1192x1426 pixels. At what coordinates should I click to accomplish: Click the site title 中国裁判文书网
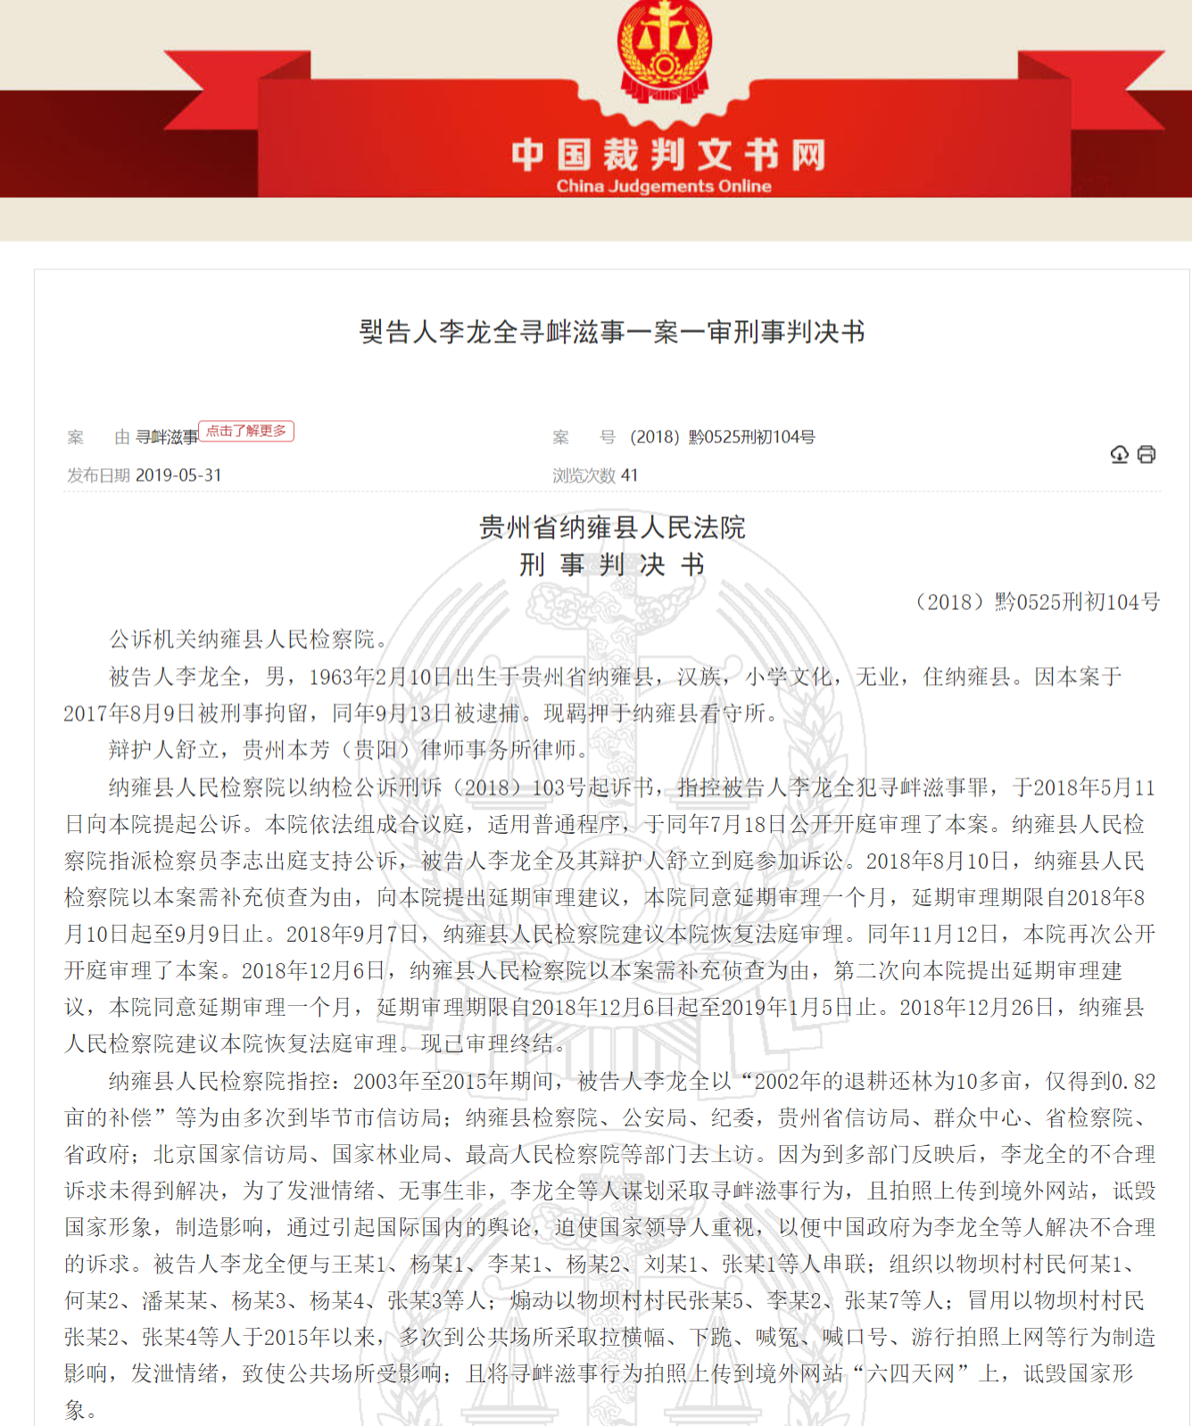[667, 155]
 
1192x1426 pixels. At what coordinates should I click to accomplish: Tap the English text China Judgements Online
[664, 186]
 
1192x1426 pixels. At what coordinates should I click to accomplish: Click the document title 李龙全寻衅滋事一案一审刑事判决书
[612, 332]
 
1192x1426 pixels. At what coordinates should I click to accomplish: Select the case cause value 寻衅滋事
[167, 437]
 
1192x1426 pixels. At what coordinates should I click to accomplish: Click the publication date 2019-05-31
[178, 475]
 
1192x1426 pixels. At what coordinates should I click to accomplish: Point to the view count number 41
[630, 475]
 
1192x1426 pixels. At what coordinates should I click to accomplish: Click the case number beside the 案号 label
[722, 437]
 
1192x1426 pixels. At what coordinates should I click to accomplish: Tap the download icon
[1119, 455]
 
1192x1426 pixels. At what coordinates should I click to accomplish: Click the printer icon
[1146, 455]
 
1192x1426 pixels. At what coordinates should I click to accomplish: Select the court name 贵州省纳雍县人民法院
[612, 527]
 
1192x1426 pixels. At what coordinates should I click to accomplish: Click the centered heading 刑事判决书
[612, 565]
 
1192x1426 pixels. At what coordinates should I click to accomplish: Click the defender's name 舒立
[197, 750]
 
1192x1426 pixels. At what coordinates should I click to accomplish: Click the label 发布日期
[98, 475]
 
